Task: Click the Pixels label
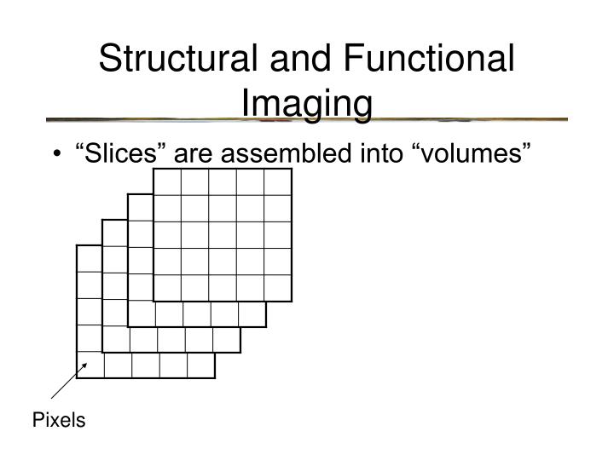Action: [x=59, y=420]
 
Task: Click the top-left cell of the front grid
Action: [x=167, y=182]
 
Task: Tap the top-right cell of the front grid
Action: [x=278, y=182]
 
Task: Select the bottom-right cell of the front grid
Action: [x=278, y=288]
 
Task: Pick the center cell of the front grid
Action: [x=223, y=235]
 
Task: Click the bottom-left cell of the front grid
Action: [x=167, y=288]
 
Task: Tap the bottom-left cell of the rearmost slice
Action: [x=90, y=365]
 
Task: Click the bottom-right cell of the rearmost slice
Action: [x=200, y=365]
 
